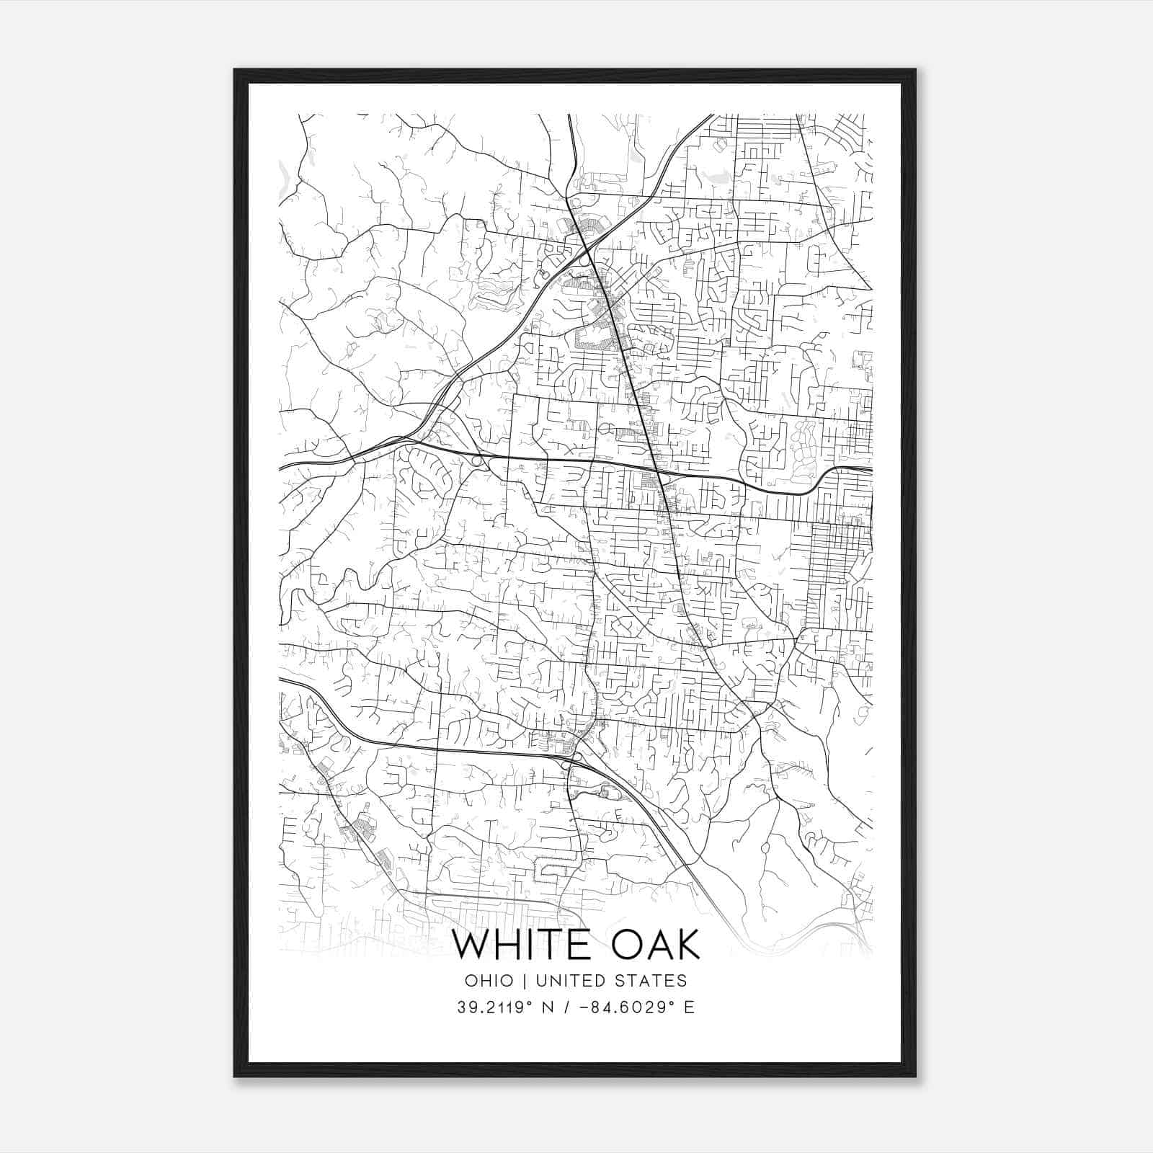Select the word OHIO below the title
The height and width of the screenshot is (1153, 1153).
pyautogui.click(x=489, y=981)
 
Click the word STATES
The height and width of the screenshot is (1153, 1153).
pyautogui.click(x=651, y=981)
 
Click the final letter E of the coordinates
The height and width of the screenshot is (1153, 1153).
pyautogui.click(x=690, y=1007)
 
